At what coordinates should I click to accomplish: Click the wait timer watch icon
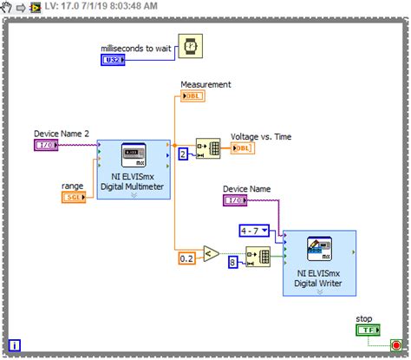click(x=190, y=47)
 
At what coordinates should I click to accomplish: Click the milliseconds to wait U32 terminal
click(x=114, y=60)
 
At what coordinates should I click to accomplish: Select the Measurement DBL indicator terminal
click(x=192, y=96)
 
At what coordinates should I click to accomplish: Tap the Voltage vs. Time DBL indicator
click(x=243, y=148)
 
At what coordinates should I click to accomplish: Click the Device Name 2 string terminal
click(x=46, y=145)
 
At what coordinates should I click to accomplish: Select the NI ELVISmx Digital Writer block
click(x=318, y=261)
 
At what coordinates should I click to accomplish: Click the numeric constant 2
click(x=183, y=154)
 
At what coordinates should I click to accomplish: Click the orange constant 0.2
click(x=186, y=259)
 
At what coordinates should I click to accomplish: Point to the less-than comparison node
click(x=211, y=253)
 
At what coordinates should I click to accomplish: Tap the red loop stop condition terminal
click(x=395, y=344)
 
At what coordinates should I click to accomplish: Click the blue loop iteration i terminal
click(x=15, y=345)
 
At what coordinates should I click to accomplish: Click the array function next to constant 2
click(x=208, y=149)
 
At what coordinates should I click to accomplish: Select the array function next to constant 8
click(x=258, y=257)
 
